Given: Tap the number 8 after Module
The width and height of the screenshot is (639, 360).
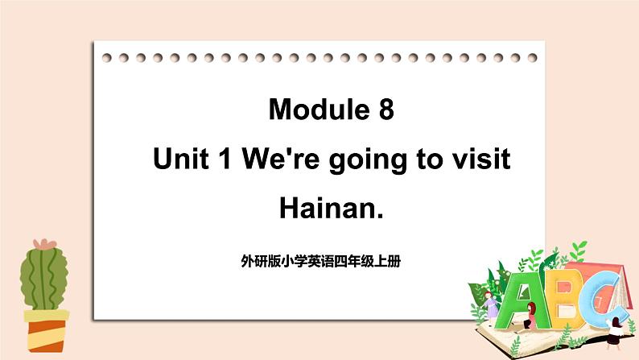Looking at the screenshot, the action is pyautogui.click(x=386, y=110).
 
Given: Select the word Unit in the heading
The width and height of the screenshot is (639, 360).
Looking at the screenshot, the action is pyautogui.click(x=180, y=159).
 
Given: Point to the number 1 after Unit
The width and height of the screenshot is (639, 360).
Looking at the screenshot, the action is pyautogui.click(x=225, y=159).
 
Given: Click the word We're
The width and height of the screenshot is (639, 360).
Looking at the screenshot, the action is pyautogui.click(x=280, y=159).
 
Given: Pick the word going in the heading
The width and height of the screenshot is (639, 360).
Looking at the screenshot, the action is pyautogui.click(x=368, y=160).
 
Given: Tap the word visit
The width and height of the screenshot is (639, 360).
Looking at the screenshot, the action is pyautogui.click(x=481, y=159).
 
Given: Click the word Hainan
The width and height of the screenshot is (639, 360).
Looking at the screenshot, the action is pyautogui.click(x=332, y=208).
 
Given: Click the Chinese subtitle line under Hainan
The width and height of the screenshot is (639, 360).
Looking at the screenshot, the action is pyautogui.click(x=321, y=261).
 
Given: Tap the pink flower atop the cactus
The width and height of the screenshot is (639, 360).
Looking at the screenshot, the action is pyautogui.click(x=45, y=244).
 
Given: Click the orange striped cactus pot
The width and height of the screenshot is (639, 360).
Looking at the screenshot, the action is pyautogui.click(x=46, y=331).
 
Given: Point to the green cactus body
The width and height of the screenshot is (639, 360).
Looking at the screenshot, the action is pyautogui.click(x=44, y=279).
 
